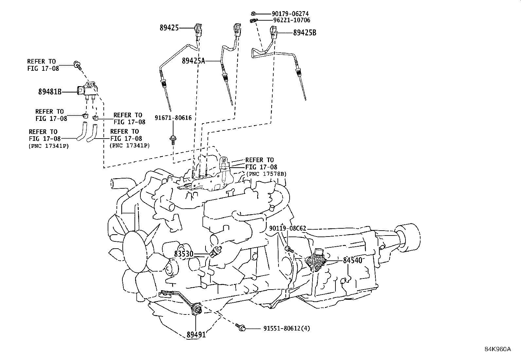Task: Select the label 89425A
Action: click(194, 61)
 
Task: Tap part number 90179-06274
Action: click(290, 14)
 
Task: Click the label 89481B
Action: click(50, 92)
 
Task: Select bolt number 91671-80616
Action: click(173, 118)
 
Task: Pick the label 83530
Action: click(183, 254)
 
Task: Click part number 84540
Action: click(352, 260)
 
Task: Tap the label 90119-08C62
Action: click(288, 228)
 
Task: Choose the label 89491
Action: click(196, 334)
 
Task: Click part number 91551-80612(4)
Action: click(286, 328)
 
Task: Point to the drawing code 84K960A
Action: click(497, 349)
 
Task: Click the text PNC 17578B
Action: click(266, 174)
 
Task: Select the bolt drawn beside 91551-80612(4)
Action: click(240, 326)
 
